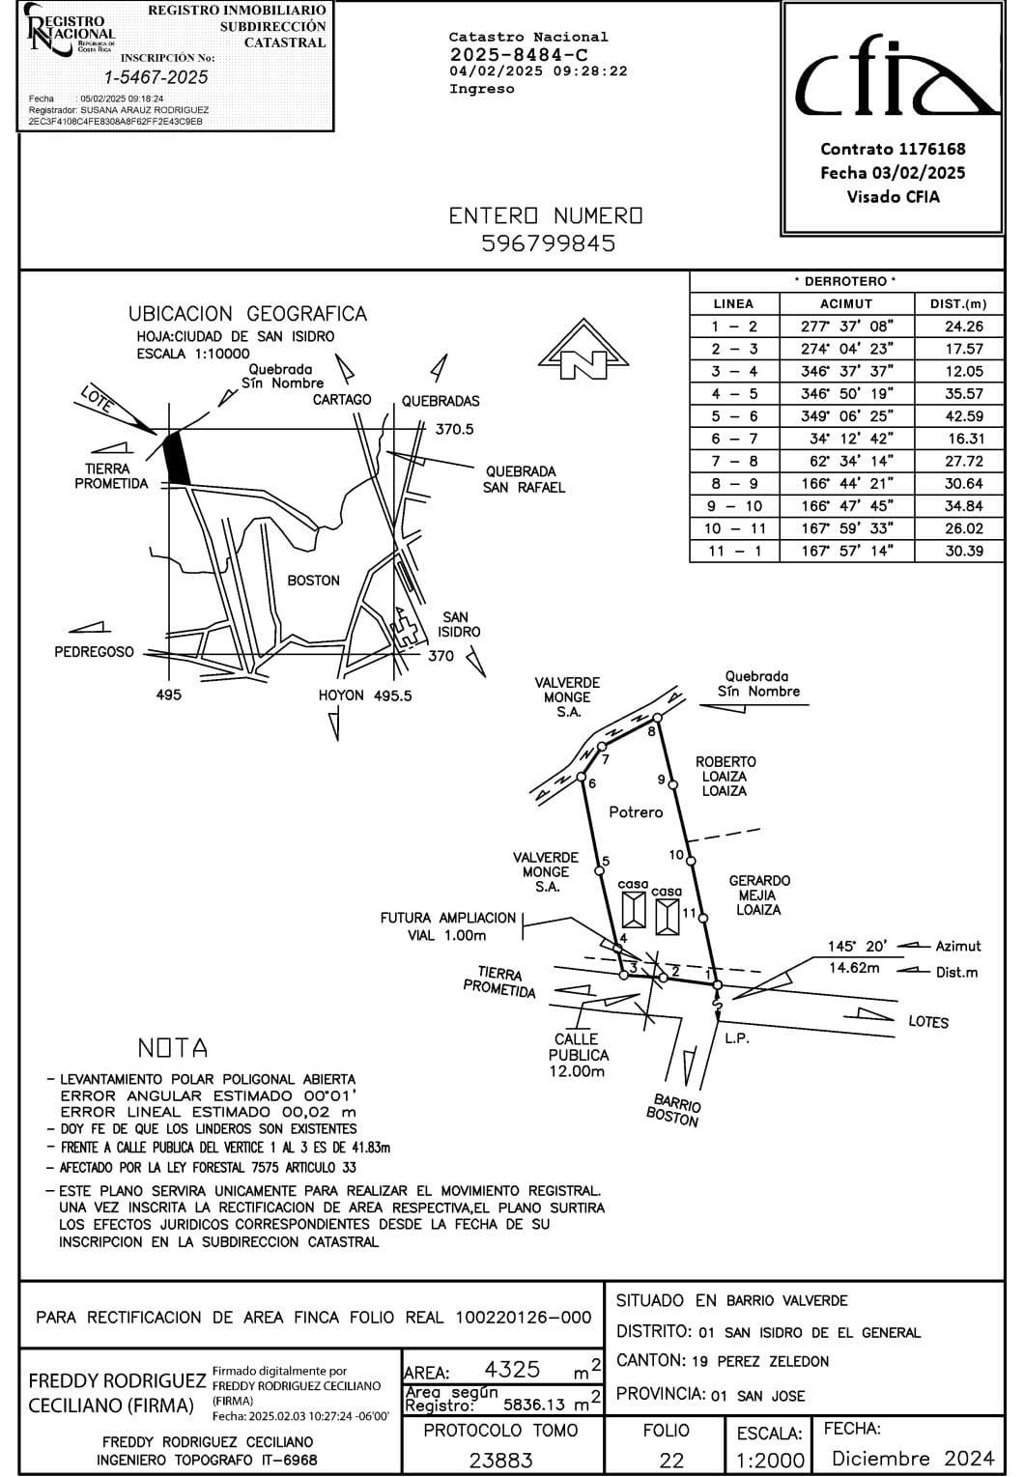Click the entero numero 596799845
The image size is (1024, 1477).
[x=548, y=243]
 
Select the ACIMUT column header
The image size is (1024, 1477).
[x=845, y=303]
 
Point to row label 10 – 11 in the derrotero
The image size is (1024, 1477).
[x=734, y=528]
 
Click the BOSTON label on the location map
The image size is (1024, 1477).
[x=313, y=581]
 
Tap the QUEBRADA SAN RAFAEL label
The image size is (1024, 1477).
[x=524, y=480]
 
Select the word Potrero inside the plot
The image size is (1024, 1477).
[x=636, y=812]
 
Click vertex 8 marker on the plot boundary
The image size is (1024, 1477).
[x=657, y=718]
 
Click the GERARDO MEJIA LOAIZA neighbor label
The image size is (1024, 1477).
[x=759, y=895]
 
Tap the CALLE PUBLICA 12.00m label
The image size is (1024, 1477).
[x=579, y=1055]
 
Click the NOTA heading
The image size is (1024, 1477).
[x=173, y=1048]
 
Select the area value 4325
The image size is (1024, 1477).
[x=512, y=1370]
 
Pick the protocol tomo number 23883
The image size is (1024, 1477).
[x=500, y=1460]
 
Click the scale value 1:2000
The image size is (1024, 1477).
[x=770, y=1460]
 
